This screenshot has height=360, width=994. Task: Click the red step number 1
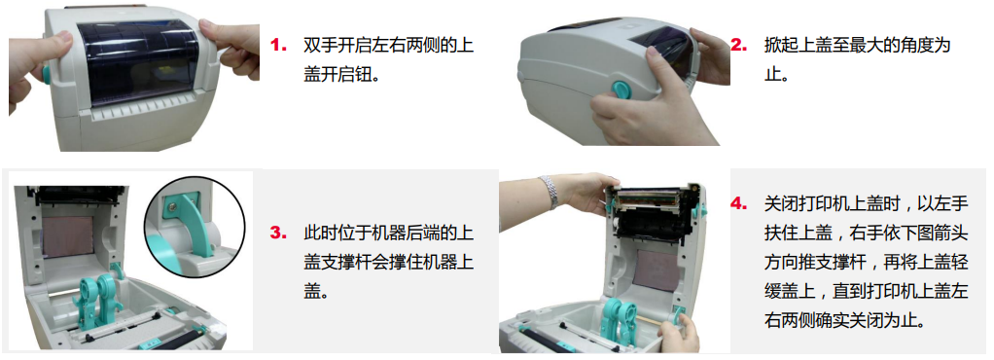tap(278, 45)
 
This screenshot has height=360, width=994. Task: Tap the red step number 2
tap(738, 45)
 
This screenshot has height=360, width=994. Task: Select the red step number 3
tap(278, 233)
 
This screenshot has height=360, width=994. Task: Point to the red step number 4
tap(738, 204)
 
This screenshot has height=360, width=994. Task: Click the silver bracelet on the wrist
tap(549, 192)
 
